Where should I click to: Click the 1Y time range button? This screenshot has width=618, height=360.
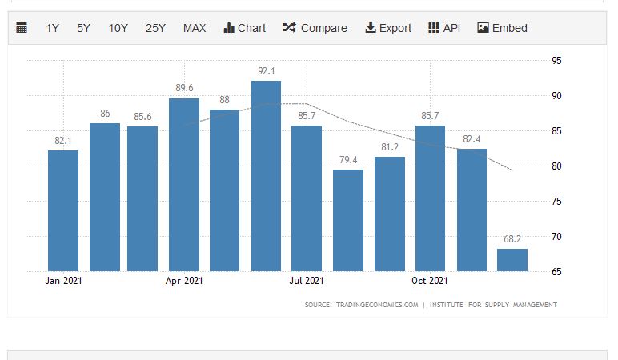52,28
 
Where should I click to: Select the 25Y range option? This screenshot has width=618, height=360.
155,28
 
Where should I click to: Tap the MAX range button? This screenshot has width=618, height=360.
195,28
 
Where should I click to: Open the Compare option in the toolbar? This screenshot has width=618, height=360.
315,28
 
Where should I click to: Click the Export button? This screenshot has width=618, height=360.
388,28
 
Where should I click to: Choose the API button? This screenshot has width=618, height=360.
444,28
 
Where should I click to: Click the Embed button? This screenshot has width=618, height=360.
502,28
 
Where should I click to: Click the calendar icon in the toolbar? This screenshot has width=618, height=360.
22,28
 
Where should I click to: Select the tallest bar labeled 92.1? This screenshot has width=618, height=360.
266,176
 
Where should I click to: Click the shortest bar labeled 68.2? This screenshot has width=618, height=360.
512,260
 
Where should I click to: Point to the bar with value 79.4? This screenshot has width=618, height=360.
348,220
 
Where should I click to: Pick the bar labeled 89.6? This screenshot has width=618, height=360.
184,184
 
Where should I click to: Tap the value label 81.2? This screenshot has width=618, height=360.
390,147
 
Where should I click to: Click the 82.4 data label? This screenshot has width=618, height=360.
472,139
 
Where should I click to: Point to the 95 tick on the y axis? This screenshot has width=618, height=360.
556,61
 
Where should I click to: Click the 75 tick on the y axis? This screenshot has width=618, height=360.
556,202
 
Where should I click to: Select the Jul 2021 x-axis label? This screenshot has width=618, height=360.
307,281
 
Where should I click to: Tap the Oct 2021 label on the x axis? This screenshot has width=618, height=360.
430,281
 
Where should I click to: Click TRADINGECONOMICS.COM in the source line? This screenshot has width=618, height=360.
378,305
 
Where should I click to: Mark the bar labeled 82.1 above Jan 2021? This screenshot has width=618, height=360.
63,210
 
